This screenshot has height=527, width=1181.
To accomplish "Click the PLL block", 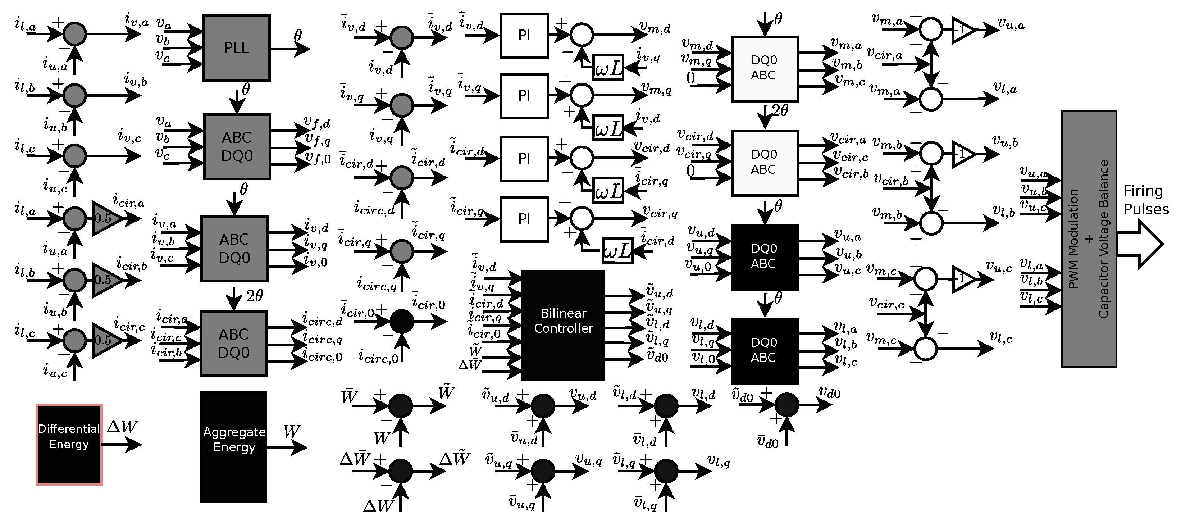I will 236,48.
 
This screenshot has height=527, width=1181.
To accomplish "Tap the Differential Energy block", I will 69,444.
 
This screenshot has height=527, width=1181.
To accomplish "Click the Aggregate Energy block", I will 233,447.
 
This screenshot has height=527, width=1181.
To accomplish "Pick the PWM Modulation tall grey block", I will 1089,238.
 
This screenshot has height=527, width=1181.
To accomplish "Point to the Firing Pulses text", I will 1145,200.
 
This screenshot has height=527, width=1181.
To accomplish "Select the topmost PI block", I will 524,36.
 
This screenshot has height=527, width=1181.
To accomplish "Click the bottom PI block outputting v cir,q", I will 524,219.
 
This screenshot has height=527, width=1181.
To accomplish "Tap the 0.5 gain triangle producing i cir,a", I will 105,218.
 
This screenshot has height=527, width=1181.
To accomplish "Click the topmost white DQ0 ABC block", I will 764,68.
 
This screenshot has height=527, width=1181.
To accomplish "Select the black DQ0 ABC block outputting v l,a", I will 764,350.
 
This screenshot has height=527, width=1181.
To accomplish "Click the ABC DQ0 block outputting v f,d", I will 237,146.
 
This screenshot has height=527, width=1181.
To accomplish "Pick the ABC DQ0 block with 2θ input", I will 233,344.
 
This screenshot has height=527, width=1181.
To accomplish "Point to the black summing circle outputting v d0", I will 787,405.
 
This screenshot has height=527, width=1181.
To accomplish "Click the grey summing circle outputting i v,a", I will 74,33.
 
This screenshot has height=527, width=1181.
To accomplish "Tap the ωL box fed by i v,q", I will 608,67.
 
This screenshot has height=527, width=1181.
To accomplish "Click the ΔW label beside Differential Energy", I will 122,427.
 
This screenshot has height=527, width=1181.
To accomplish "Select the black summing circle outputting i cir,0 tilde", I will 402,321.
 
